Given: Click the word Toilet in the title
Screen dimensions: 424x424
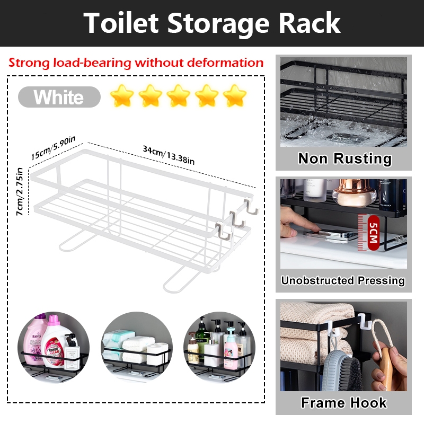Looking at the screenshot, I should coord(128,23).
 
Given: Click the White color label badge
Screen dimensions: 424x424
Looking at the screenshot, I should coord(59,98).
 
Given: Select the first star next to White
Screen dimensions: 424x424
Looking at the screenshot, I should coord(122,96).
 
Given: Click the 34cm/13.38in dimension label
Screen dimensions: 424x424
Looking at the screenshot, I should coord(169,155).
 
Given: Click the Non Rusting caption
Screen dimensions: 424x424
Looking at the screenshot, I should coord(344,158).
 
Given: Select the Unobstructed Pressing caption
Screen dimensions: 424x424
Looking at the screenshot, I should coord(343,280).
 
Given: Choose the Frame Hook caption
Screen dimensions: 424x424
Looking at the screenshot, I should coord(343,403).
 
